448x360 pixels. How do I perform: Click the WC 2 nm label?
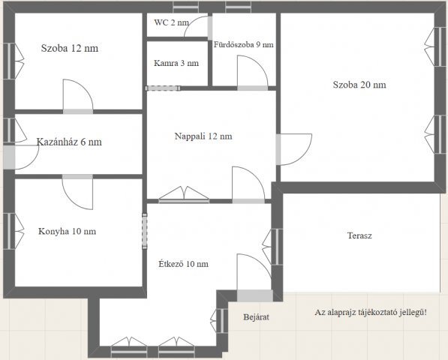171,22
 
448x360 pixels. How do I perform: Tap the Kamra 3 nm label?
176,63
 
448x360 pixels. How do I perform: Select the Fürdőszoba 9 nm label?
244,45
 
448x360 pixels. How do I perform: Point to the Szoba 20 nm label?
359,85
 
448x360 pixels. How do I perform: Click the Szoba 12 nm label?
70,48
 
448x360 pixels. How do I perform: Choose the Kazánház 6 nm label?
69,142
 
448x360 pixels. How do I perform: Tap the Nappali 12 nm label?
203,136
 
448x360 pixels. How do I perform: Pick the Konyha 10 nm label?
67,231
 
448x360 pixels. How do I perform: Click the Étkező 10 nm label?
183,264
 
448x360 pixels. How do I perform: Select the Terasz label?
359,235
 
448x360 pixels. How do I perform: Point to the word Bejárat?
257,317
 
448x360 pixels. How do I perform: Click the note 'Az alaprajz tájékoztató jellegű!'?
371,312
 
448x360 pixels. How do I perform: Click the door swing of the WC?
197,26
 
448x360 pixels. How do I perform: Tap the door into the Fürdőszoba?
253,73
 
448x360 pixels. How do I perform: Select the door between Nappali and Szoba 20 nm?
294,149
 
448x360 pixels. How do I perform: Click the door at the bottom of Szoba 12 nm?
78,96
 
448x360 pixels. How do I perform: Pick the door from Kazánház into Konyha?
77,192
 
